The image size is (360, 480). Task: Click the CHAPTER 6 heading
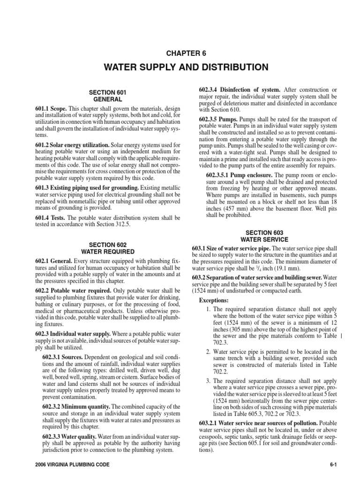click(x=180, y=53)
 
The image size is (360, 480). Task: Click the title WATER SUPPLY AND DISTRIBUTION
click(x=180, y=67)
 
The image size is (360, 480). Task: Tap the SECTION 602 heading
click(x=108, y=245)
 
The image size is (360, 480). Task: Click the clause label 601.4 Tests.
click(x=46, y=218)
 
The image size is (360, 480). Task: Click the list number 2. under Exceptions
click(x=209, y=352)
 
